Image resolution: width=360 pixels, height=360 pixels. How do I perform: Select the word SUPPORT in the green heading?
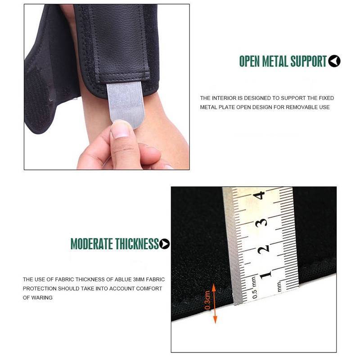(x=308, y=61)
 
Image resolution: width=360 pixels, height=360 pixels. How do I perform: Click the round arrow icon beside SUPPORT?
(x=334, y=61)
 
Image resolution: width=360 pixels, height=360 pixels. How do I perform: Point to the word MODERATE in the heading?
(x=92, y=244)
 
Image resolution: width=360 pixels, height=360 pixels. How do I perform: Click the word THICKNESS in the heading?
(x=137, y=244)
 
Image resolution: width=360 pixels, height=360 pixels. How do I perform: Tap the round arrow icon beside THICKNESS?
(x=164, y=244)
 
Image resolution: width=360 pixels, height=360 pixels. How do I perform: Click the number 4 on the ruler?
(x=259, y=195)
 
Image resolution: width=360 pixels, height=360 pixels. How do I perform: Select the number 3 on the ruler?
(x=261, y=222)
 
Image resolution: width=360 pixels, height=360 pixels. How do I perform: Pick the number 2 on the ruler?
(x=263, y=249)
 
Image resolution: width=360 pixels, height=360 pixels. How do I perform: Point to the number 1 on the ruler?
(x=265, y=274)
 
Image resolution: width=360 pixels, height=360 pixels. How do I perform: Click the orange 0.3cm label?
(x=207, y=300)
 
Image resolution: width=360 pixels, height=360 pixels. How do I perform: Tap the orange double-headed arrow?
(x=215, y=303)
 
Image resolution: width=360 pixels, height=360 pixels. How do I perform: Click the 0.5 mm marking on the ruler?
(x=254, y=288)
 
